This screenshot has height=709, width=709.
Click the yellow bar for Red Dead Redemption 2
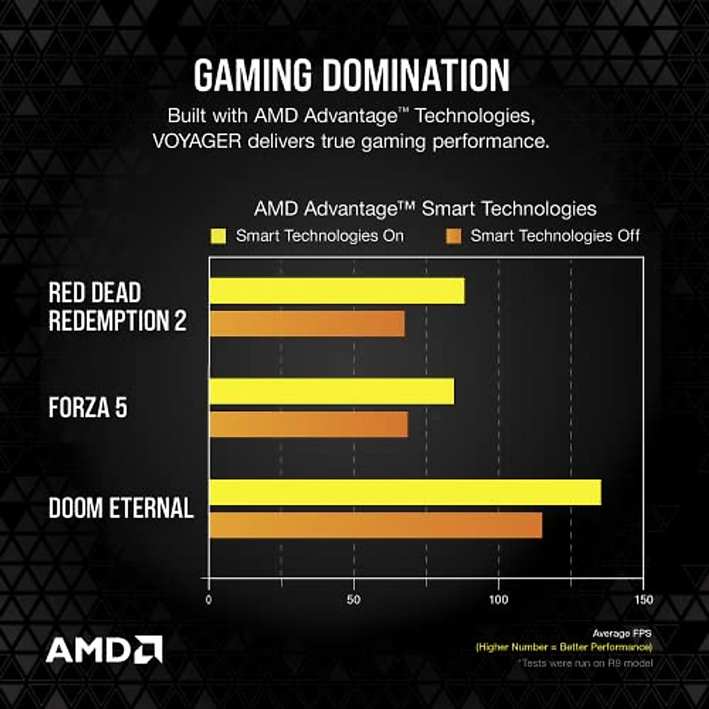click(x=337, y=291)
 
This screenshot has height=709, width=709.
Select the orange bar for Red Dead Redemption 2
click(x=307, y=324)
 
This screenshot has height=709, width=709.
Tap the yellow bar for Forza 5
click(x=331, y=391)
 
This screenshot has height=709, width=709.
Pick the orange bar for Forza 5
click(x=308, y=424)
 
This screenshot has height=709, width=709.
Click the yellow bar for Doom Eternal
click(x=405, y=492)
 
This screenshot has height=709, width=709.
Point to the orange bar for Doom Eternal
click(x=375, y=525)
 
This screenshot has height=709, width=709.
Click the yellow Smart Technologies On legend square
click(x=218, y=237)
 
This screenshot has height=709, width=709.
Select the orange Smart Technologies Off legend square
click(x=453, y=237)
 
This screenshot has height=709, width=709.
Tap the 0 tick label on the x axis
click(x=209, y=600)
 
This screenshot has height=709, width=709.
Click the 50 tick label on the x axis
click(x=353, y=600)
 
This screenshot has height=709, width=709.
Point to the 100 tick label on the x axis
click(x=498, y=600)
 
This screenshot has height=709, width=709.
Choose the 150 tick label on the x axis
click(x=643, y=600)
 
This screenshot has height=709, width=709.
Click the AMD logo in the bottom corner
click(x=104, y=649)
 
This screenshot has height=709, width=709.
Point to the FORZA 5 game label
click(x=87, y=408)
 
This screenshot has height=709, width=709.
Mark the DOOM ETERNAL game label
click(x=121, y=508)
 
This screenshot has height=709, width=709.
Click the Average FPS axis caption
click(x=622, y=633)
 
